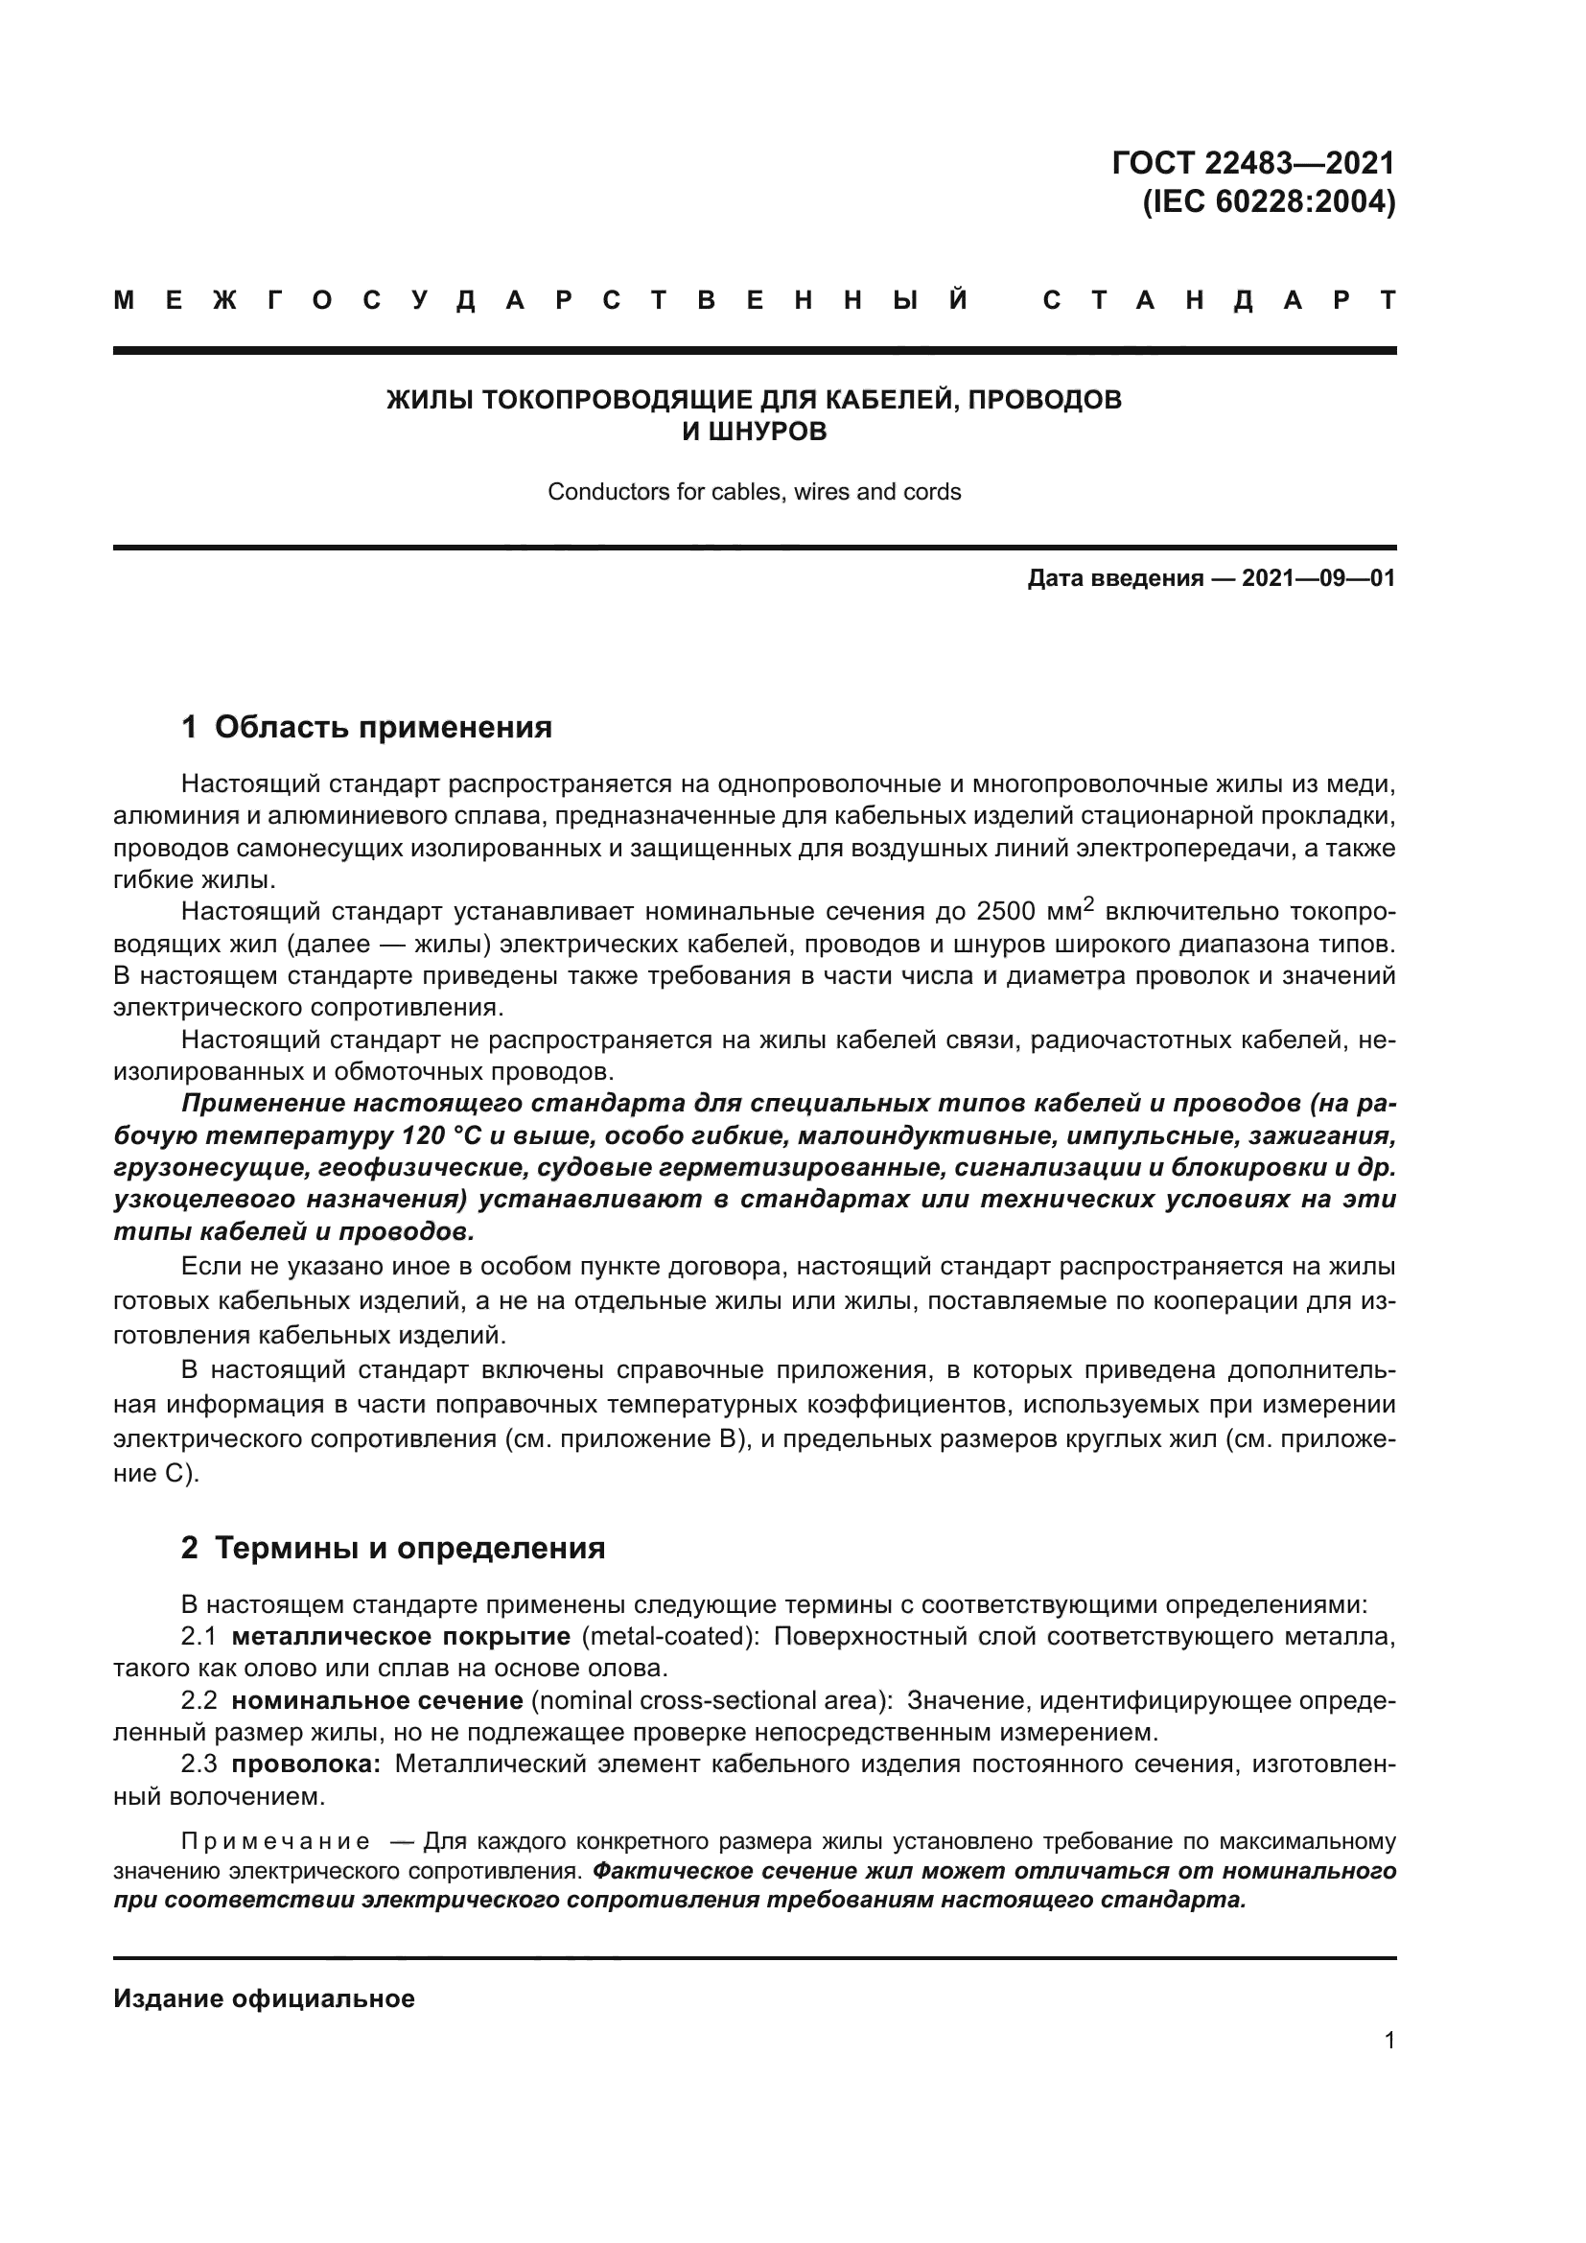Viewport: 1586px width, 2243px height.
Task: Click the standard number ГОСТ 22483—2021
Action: [1253, 162]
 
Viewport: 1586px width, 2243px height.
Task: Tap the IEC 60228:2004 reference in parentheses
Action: [1269, 201]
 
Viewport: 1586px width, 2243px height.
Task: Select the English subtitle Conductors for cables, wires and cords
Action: [754, 491]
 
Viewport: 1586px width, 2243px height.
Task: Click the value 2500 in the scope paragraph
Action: [1005, 911]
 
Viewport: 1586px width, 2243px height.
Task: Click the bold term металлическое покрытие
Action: [401, 1636]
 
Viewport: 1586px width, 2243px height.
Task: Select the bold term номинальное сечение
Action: [377, 1701]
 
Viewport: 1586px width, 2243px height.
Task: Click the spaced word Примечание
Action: [275, 1841]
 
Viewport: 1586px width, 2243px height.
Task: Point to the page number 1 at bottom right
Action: [1388, 2040]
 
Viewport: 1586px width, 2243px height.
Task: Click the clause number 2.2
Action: [199, 1701]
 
